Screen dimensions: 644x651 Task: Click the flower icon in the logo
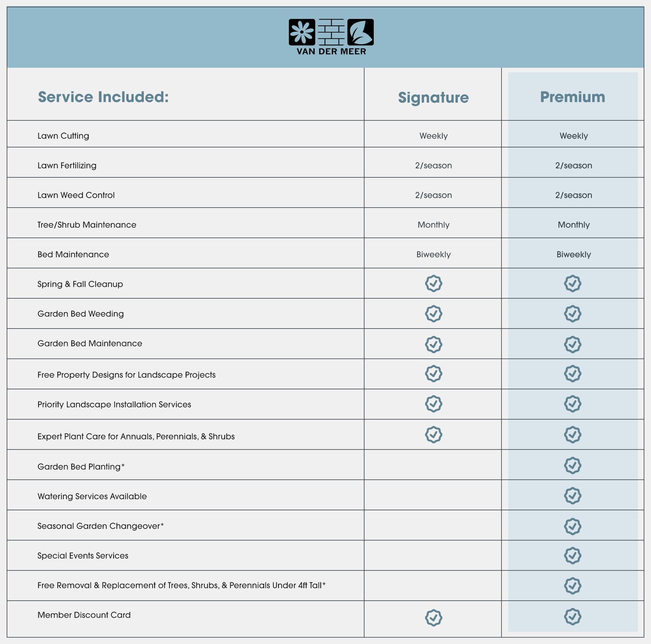pyautogui.click(x=302, y=32)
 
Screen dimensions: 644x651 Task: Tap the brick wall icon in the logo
pyautogui.click(x=331, y=32)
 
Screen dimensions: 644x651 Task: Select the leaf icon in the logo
pyautogui.click(x=360, y=32)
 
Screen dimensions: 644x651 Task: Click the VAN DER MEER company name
pyautogui.click(x=331, y=52)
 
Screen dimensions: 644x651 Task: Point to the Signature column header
pyautogui.click(x=433, y=98)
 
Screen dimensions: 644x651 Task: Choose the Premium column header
pyautogui.click(x=572, y=97)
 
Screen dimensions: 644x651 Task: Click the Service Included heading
pyautogui.click(x=103, y=97)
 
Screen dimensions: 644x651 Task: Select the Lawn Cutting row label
pyautogui.click(x=63, y=136)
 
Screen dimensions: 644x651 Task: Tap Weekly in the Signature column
pyautogui.click(x=433, y=136)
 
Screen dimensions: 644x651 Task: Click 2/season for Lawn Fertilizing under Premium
pyautogui.click(x=573, y=165)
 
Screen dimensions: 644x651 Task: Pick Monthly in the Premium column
pyautogui.click(x=573, y=225)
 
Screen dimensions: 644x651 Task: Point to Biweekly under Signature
pyautogui.click(x=433, y=255)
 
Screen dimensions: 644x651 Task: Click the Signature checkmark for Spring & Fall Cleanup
pyautogui.click(x=433, y=284)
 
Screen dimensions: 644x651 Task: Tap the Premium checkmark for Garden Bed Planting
pyautogui.click(x=572, y=465)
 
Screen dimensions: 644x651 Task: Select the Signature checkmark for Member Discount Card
pyautogui.click(x=433, y=618)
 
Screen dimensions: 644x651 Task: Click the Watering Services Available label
pyautogui.click(x=92, y=496)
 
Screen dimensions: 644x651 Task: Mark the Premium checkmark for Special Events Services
pyautogui.click(x=572, y=556)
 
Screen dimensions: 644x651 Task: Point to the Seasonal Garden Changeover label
pyautogui.click(x=100, y=526)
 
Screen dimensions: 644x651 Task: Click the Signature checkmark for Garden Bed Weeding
pyautogui.click(x=433, y=314)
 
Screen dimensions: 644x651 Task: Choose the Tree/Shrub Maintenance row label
pyautogui.click(x=87, y=225)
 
